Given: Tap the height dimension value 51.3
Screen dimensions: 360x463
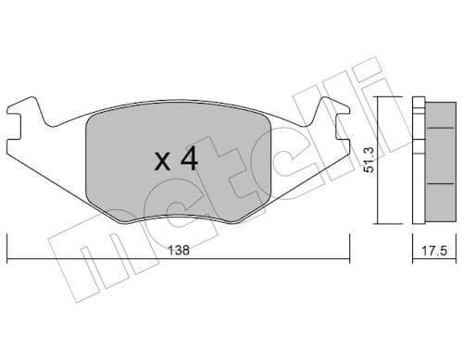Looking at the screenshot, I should pyautogui.click(x=370, y=161).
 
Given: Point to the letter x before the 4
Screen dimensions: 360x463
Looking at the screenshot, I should pyautogui.click(x=161, y=163).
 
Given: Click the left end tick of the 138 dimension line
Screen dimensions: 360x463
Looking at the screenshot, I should pyautogui.click(x=8, y=248).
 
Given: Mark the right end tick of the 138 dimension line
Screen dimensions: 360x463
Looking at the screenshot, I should pyautogui.click(x=350, y=248).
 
